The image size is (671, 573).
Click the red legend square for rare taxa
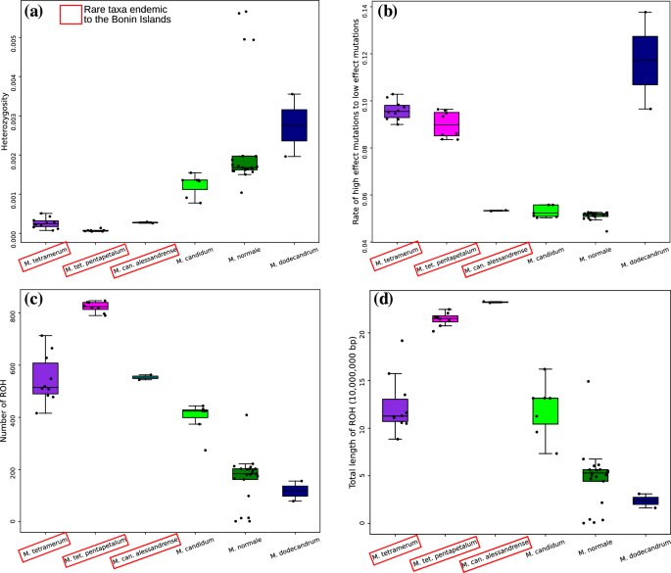[72, 14]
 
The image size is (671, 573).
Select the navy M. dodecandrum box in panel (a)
[294, 124]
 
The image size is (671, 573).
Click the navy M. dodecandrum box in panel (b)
[645, 73]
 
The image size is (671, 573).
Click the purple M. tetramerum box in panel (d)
[396, 409]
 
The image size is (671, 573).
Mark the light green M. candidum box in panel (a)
[194, 184]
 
